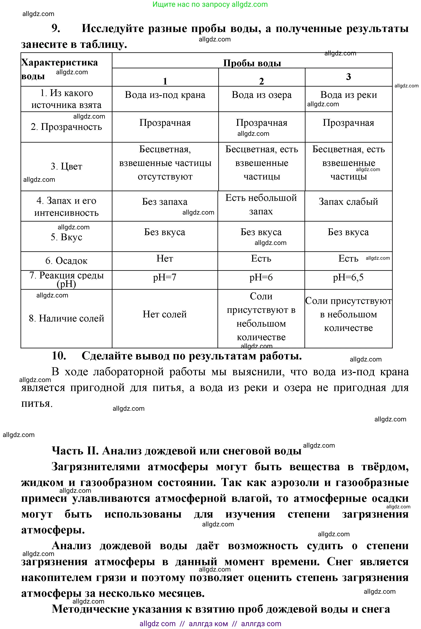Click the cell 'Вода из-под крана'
(165, 95)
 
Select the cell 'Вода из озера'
(262, 95)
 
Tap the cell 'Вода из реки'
(349, 95)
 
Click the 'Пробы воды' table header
(252, 63)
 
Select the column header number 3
(349, 77)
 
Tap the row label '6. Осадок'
(66, 261)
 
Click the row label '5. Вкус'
(66, 237)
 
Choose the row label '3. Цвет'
(66, 166)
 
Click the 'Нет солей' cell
(165, 314)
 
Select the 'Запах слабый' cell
(348, 202)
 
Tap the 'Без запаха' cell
(165, 202)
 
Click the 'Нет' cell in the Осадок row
(165, 258)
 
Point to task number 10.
(59, 356)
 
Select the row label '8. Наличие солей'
(66, 318)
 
